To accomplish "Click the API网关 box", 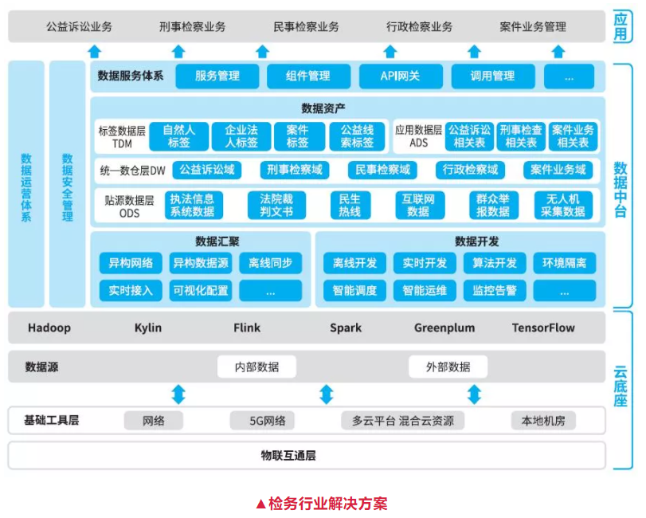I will (401, 77).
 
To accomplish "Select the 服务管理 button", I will (217, 77).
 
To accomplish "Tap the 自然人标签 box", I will (179, 136).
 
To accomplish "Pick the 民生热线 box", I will (350, 205).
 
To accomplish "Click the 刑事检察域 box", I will (295, 170).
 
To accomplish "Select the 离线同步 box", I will (271, 263).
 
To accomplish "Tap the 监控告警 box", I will (495, 290).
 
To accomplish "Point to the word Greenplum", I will (444, 328).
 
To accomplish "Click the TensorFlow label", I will (543, 328).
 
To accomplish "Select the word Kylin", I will (148, 328).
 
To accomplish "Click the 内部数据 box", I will (256, 367).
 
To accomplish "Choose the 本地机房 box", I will (543, 420).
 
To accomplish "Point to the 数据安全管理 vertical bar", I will (67, 183).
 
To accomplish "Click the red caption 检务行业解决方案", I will (322, 504).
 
